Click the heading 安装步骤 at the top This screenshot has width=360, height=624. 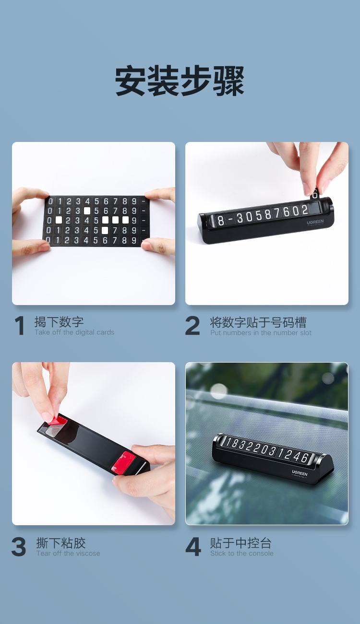[x=180, y=81]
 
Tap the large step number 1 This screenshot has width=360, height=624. [x=19, y=325]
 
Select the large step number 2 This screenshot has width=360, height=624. [x=192, y=325]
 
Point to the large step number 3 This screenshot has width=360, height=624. [x=19, y=547]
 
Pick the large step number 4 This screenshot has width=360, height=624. [x=193, y=547]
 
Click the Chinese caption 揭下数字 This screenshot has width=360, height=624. [x=59, y=322]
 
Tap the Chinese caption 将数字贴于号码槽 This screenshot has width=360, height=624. [x=258, y=322]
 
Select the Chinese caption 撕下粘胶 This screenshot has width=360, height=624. [x=61, y=543]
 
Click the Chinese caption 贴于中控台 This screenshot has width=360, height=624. [x=240, y=543]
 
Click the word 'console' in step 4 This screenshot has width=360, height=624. [x=261, y=553]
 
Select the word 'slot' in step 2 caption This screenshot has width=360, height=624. [x=305, y=332]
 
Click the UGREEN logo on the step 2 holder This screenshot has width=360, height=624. [x=315, y=222]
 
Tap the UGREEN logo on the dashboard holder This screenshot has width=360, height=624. [x=300, y=473]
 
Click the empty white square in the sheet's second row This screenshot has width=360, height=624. [x=87, y=211]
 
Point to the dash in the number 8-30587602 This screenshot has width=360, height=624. [x=230, y=219]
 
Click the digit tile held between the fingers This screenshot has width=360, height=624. [x=314, y=194]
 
